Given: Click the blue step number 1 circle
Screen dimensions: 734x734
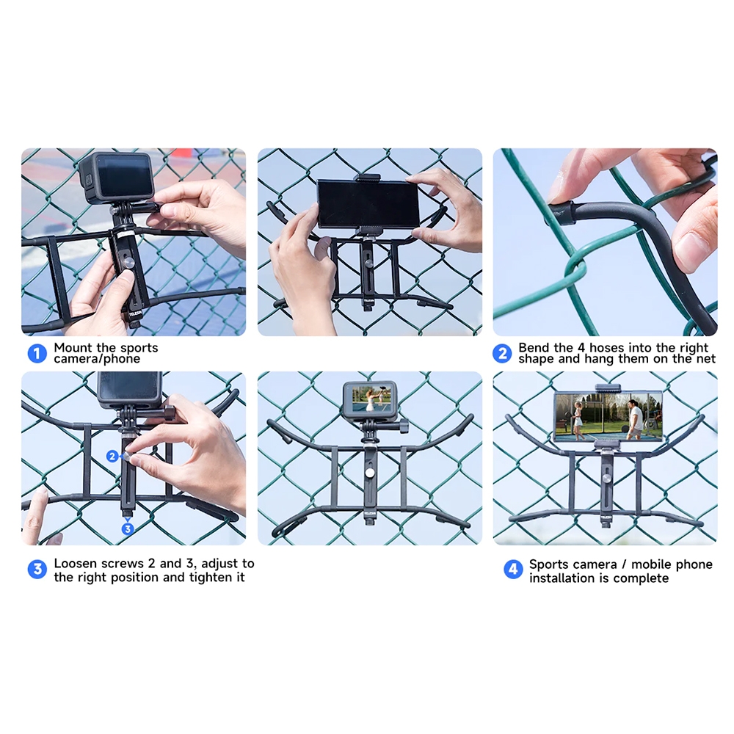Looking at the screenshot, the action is point(37,354).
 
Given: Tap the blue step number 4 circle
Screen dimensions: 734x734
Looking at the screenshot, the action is point(512,570).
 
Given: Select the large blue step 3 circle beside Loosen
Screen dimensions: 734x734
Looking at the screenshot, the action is point(37,570).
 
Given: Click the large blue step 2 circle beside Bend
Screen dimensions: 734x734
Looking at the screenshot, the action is point(502,354).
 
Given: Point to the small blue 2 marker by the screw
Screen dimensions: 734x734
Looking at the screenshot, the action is point(112,456).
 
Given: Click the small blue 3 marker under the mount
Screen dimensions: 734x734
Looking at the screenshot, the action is point(127,529).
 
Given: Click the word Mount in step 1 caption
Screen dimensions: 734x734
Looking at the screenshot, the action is point(73,348).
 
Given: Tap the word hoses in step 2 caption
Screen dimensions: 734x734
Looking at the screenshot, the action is point(607,348).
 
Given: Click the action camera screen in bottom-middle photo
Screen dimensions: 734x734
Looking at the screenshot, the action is point(370,399).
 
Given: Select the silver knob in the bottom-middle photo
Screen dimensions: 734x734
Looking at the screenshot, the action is point(370,473).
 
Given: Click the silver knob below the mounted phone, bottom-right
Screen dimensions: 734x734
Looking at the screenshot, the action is point(606,479).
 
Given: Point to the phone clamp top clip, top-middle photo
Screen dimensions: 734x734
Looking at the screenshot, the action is point(367,178).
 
